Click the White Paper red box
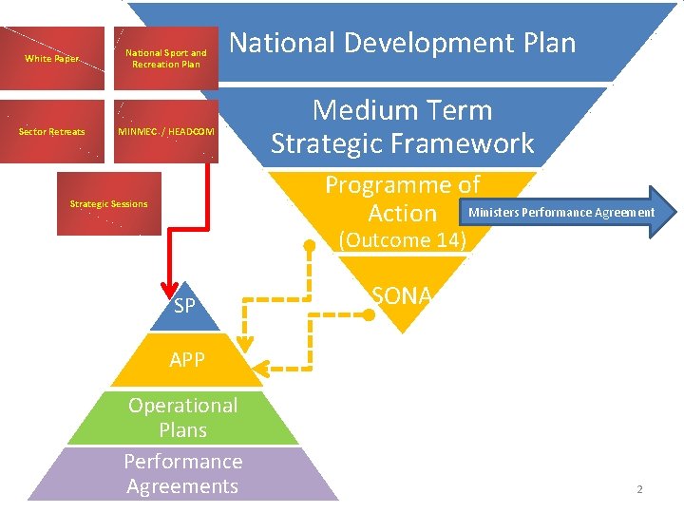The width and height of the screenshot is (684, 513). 52,59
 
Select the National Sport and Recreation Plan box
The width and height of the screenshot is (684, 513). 166,59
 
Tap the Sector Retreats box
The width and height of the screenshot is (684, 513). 52,132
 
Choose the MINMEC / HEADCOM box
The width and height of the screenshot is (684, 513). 166,132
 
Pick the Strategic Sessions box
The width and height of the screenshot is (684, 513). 109,203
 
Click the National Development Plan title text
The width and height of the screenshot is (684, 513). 403,43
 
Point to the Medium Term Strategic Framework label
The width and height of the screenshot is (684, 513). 403,126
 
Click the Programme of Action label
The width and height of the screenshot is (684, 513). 403,198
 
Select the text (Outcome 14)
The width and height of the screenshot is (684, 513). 403,239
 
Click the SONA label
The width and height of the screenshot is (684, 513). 402,295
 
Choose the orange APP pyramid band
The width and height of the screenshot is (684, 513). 185,360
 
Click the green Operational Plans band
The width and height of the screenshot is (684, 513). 183,417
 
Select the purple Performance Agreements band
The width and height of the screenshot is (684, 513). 183,473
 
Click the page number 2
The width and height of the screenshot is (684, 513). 639,489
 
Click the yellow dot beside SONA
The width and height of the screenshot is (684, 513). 369,313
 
